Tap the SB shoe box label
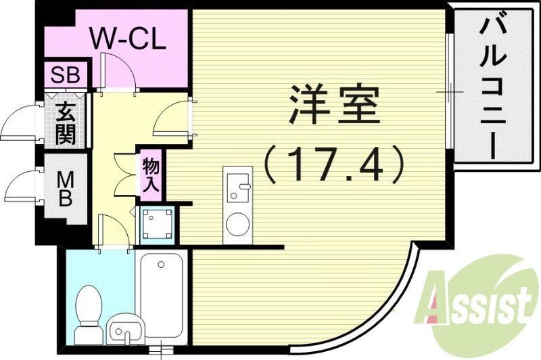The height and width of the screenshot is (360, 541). pos(64,75)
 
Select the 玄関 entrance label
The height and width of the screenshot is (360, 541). pos(66,123)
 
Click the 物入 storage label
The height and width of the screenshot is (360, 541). pos(150,175)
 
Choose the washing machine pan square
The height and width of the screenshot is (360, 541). pos(157,224)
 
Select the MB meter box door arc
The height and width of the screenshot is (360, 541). pos(20,183)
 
